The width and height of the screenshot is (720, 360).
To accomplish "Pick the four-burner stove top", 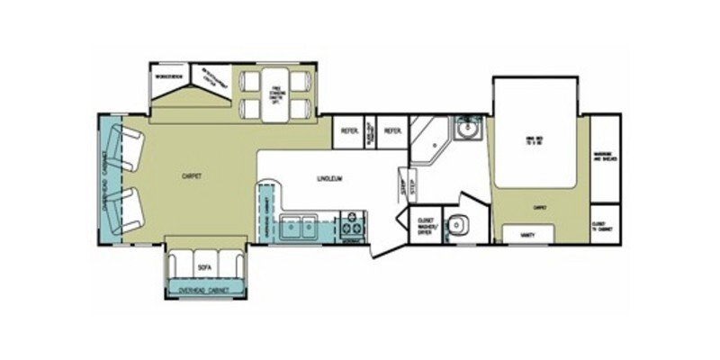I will pyautogui.click(x=352, y=225).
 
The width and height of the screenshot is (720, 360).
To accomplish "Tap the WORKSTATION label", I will pyautogui.click(x=168, y=77).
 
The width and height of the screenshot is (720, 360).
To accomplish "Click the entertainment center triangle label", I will pyautogui.click(x=213, y=79).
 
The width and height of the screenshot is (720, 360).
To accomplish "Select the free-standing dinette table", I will pyautogui.click(x=275, y=93).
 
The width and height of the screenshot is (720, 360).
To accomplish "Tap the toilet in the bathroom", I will pyautogui.click(x=457, y=225).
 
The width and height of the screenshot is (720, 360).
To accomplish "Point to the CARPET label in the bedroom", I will pyautogui.click(x=540, y=207).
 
